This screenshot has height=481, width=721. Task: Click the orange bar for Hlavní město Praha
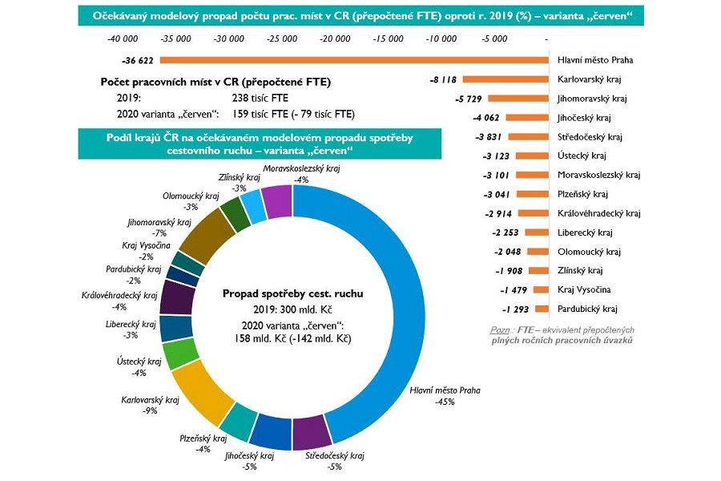click(352, 60)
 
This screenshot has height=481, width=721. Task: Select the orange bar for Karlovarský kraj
click(505, 79)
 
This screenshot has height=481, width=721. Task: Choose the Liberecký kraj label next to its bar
click(585, 232)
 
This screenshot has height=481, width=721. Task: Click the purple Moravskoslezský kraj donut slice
click(276, 201)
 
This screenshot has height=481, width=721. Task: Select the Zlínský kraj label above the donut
click(240, 177)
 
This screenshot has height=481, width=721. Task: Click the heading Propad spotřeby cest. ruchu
click(292, 293)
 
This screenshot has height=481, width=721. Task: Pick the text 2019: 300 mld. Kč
click(292, 310)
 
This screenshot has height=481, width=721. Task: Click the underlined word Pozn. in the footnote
click(500, 330)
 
